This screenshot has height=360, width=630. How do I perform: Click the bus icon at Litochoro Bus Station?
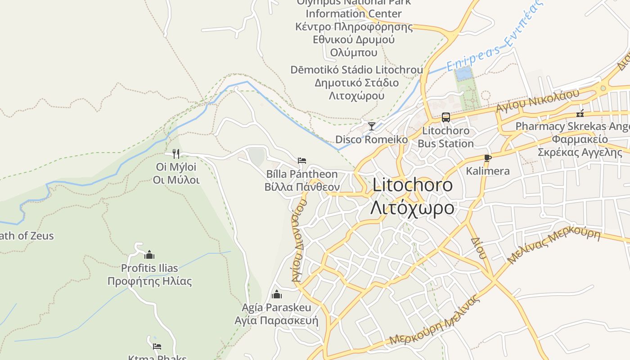[x=445, y=117]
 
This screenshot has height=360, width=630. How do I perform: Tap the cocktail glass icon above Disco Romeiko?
[x=371, y=126]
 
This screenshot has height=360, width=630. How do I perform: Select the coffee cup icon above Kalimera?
[x=487, y=157]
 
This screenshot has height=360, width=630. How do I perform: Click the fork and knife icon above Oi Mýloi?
[x=176, y=154]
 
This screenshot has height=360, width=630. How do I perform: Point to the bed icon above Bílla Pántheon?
[x=301, y=160]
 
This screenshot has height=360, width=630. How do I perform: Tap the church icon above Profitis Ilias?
[x=149, y=255]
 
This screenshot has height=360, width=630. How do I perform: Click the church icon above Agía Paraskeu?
[x=276, y=295]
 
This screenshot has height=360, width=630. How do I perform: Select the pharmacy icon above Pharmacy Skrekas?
[x=580, y=113]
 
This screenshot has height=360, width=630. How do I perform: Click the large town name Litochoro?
[x=413, y=185]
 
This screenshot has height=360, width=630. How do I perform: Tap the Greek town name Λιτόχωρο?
[x=412, y=207]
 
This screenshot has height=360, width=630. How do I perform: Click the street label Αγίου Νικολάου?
[x=537, y=101]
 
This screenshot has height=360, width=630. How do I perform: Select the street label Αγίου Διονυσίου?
[x=299, y=240]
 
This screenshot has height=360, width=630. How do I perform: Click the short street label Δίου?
[x=479, y=248]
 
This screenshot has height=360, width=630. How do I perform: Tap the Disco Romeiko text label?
[x=372, y=139]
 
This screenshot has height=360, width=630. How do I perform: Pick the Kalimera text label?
[x=488, y=171]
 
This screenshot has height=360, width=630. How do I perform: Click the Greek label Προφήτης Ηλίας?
[x=149, y=282]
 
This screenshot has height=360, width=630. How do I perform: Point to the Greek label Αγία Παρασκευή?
[x=276, y=321]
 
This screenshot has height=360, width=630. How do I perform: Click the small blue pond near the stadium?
[x=464, y=73]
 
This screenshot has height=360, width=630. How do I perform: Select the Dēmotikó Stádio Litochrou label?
[x=356, y=70]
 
